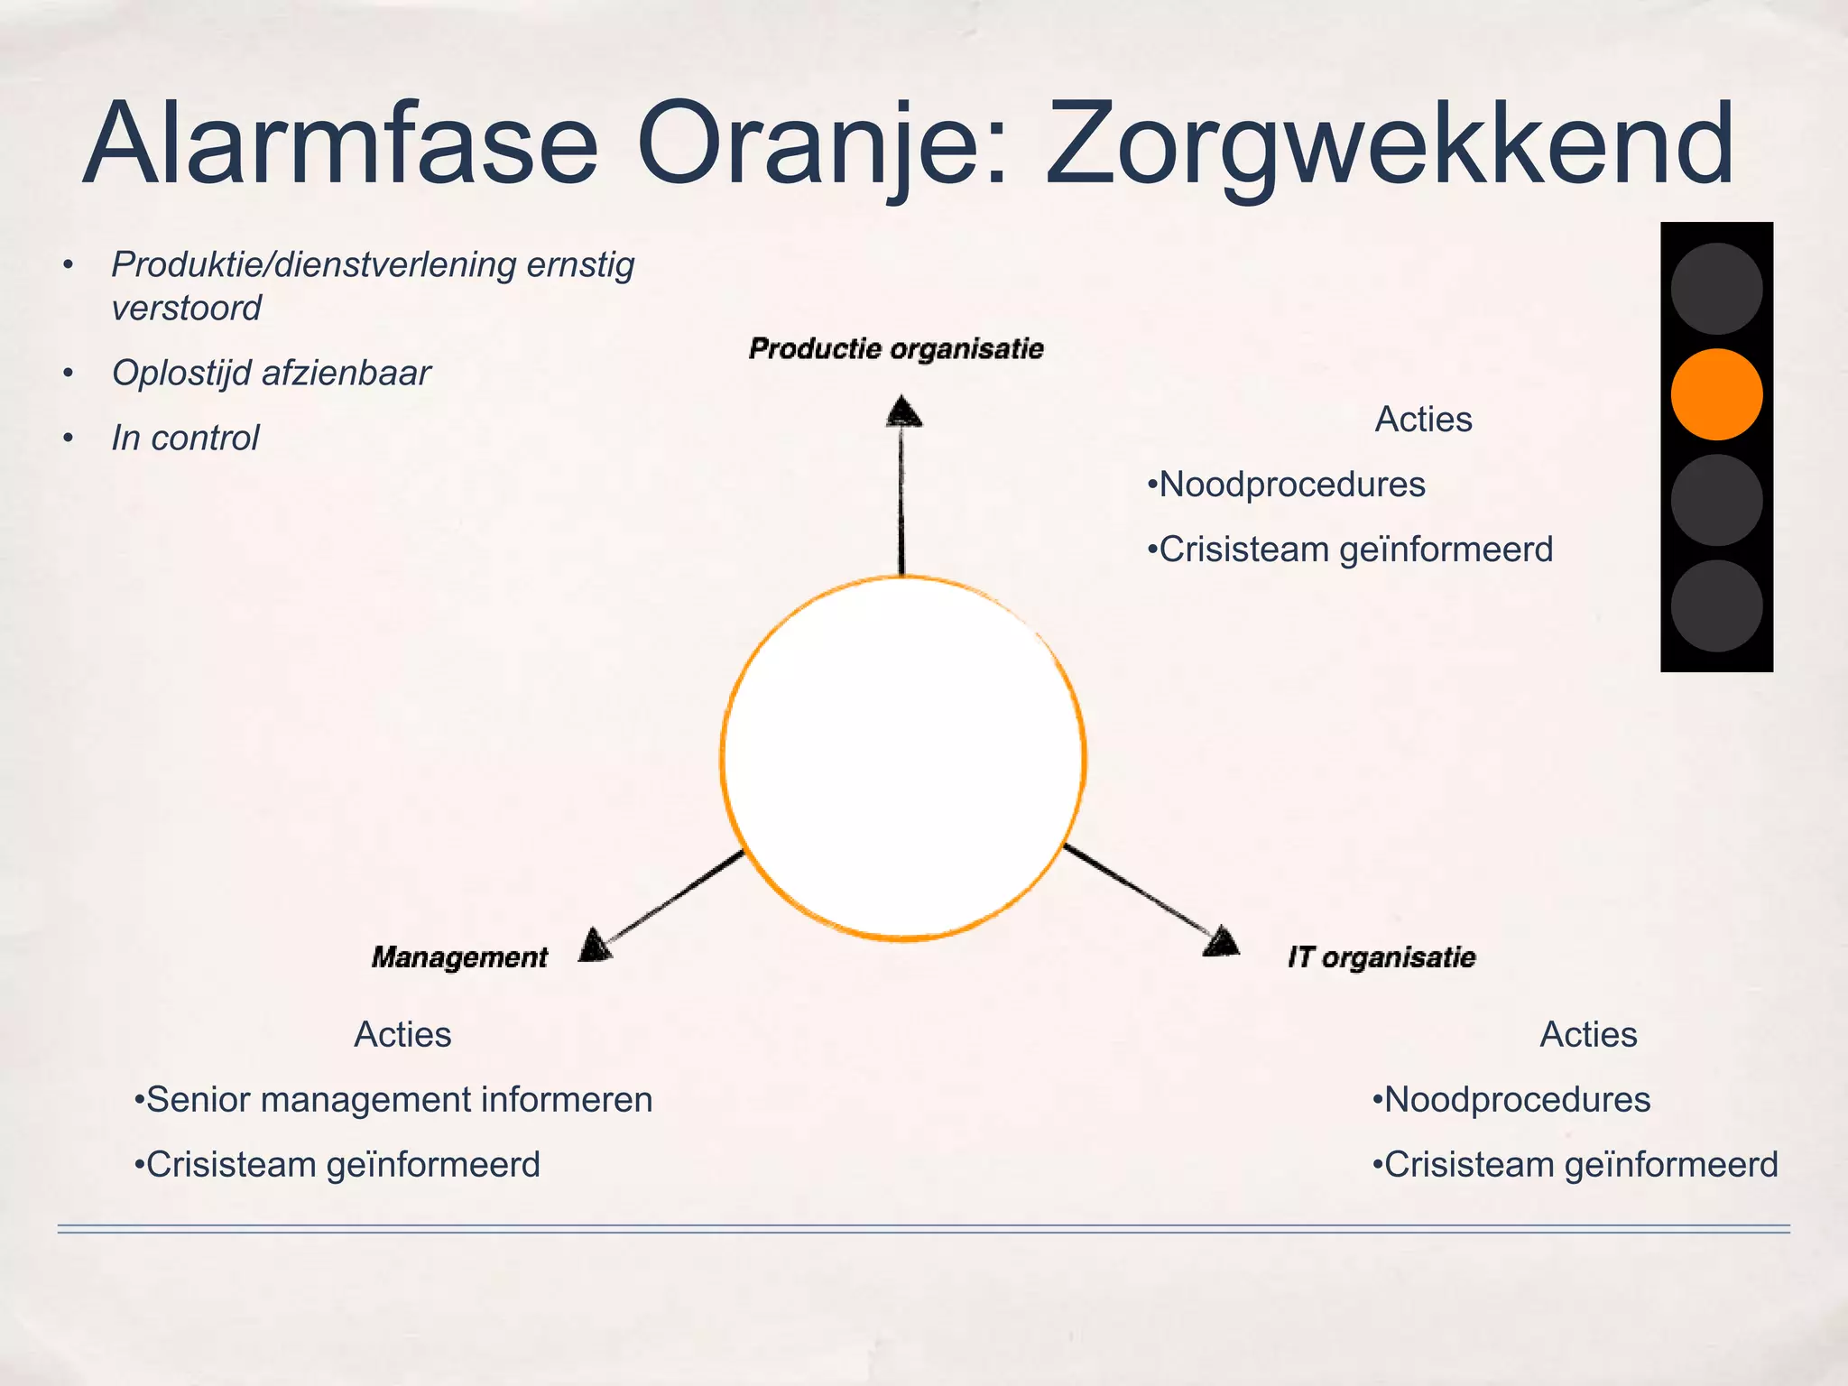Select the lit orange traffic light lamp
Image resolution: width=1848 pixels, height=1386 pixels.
(1716, 394)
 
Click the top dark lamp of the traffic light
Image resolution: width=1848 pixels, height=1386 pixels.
(1716, 289)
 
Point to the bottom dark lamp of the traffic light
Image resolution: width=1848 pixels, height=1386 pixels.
(1716, 605)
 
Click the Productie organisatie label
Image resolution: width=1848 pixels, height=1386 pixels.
(896, 348)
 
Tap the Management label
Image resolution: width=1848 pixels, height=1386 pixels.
(459, 956)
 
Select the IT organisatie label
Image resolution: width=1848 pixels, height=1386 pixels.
(1381, 956)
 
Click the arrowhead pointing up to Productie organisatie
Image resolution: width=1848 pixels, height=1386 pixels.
(902, 411)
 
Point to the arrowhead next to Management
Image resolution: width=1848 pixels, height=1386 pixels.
(595, 945)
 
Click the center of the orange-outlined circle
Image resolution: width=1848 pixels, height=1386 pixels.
(902, 758)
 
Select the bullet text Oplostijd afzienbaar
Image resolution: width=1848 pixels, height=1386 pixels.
(271, 373)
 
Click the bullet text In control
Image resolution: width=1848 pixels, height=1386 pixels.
(185, 438)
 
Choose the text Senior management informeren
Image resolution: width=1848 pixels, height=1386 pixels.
(398, 1099)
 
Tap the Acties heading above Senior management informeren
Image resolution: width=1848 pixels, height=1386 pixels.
(402, 1034)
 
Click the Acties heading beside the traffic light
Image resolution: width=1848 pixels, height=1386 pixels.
(1423, 419)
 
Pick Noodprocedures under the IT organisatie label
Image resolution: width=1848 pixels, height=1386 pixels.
(1516, 1099)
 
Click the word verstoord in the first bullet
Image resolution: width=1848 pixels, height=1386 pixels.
(186, 308)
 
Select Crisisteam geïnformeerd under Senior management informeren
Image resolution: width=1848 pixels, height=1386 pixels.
(342, 1164)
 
